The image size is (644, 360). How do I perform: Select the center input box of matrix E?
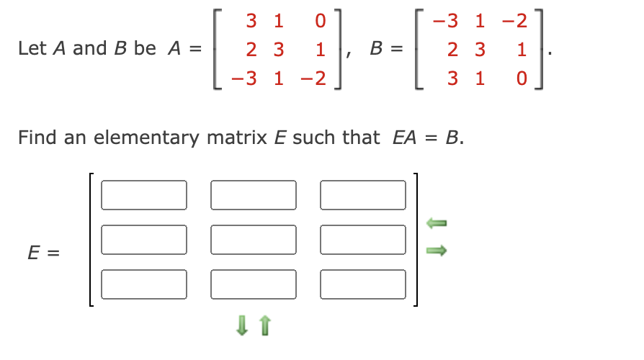254,239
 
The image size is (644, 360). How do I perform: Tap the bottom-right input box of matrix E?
363,284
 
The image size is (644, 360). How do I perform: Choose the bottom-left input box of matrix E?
144,284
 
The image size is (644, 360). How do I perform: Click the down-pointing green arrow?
242,328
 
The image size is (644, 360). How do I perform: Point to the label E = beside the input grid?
43,253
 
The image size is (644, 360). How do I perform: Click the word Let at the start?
32,49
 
